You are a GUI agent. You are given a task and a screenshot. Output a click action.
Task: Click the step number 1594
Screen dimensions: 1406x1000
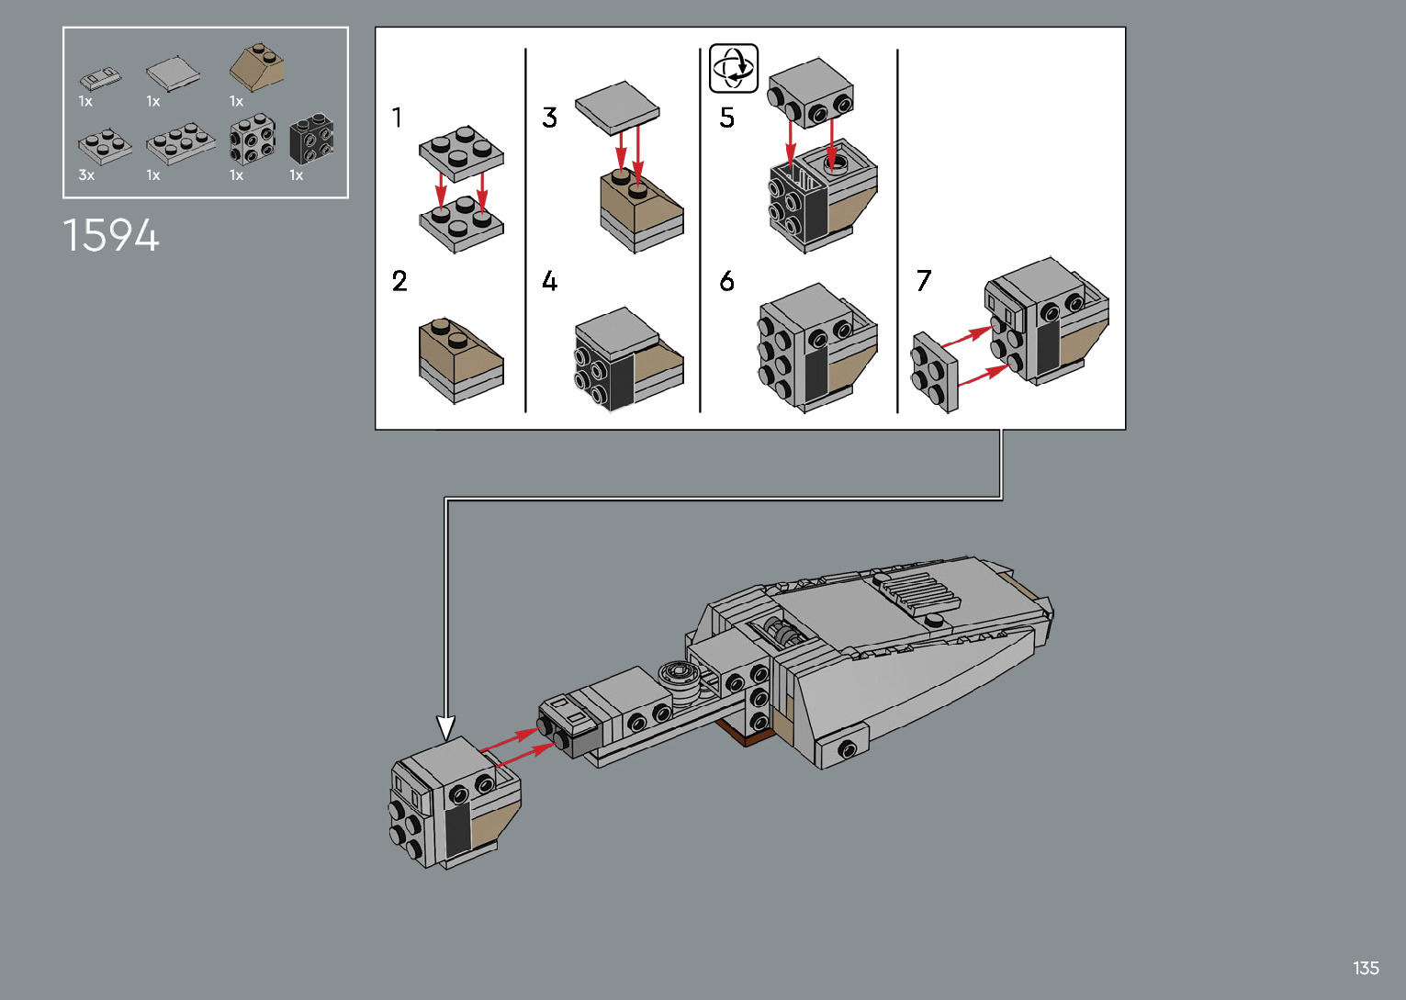[111, 235]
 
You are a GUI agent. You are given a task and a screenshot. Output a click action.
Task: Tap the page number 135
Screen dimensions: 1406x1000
[1366, 968]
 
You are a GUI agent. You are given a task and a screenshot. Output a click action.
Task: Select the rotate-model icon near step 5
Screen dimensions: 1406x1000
[734, 68]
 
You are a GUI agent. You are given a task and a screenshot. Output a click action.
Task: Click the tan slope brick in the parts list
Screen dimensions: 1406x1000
[257, 66]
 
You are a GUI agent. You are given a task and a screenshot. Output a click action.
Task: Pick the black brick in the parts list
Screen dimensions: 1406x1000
[311, 138]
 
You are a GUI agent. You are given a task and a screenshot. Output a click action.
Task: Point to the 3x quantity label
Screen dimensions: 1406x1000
[86, 175]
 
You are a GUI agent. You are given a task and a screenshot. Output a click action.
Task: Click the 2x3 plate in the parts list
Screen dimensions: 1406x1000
[181, 144]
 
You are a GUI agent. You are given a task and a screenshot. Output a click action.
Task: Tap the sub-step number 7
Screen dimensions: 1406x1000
[923, 281]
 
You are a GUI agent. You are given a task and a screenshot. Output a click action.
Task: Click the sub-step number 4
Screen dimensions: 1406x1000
[549, 281]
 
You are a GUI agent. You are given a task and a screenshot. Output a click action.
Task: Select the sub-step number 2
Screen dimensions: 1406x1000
[399, 281]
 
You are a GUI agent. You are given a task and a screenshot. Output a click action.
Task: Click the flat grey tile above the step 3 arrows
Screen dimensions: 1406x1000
[617, 107]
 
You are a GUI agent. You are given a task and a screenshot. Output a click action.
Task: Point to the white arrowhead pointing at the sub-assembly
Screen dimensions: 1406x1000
[445, 727]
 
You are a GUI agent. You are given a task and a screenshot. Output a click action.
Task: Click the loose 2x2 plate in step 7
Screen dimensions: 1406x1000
[935, 372]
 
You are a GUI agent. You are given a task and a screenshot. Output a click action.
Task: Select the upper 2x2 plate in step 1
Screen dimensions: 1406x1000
[461, 153]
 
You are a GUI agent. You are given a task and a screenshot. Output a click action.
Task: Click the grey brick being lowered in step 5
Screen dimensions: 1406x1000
[810, 92]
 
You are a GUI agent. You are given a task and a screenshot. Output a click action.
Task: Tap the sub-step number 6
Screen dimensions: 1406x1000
[726, 281]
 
